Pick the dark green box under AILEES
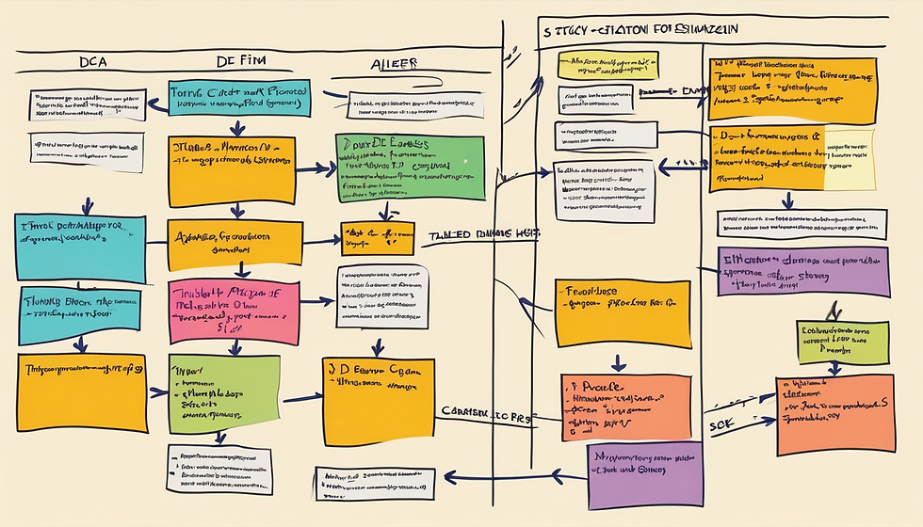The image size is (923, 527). [410, 167]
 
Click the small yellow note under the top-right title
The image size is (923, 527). [606, 67]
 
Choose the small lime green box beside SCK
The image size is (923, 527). [843, 343]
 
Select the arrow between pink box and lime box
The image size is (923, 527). [232, 346]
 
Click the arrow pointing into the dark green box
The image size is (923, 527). [322, 170]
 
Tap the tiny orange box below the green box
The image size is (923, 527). [379, 238]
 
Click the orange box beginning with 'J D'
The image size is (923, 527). [378, 394]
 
